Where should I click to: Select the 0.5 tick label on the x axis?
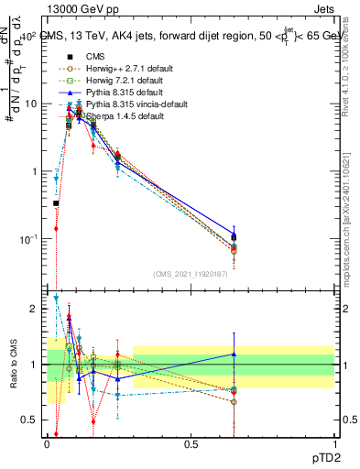[191, 444]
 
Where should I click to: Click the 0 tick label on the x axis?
[47, 444]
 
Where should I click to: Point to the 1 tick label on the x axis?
[334, 444]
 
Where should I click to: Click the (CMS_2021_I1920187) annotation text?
[191, 274]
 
